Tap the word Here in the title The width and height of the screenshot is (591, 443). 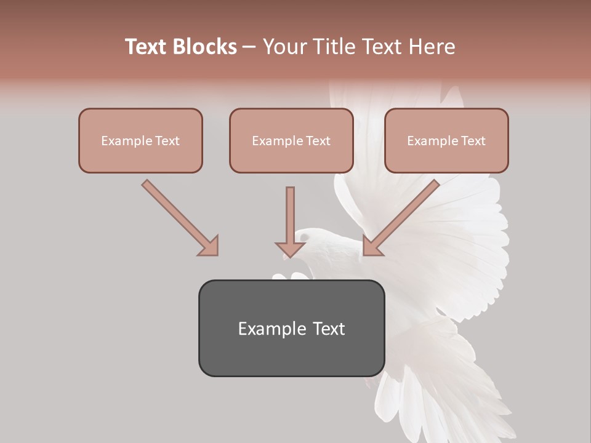coord(432,47)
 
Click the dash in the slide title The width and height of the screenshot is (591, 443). coord(249,47)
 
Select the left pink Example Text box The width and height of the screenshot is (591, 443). coord(140,140)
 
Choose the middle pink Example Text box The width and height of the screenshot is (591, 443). coord(291,140)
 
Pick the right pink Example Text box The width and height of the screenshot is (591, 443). coord(446,140)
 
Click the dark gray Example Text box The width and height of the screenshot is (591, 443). coord(291,328)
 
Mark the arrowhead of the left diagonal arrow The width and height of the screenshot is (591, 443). coord(209,245)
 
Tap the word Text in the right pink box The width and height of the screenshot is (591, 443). coord(473,140)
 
